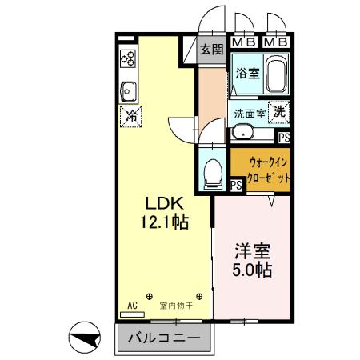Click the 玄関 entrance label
coord(210,50)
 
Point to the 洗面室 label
coord(249,114)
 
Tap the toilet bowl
coord(213,172)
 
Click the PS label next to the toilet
coord(236,185)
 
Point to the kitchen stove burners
coord(128,58)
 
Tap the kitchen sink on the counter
coord(128,88)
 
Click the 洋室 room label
coord(251,250)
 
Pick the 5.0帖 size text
coord(251,270)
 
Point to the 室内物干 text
coord(174,305)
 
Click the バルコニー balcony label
coord(166,338)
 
